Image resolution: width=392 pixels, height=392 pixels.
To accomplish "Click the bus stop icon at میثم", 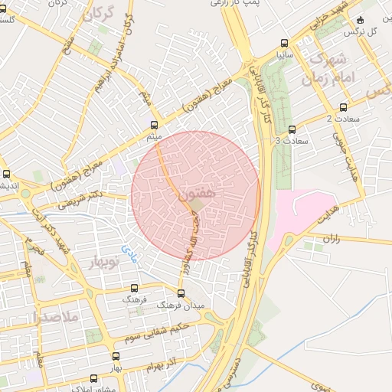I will (154, 124).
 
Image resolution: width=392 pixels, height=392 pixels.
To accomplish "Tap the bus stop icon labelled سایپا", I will (285, 43).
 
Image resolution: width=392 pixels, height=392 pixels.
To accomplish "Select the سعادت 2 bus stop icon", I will (342, 107).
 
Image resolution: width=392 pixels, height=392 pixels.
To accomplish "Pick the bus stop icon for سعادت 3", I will (291, 129).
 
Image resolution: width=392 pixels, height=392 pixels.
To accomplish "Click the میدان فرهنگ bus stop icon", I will (181, 292).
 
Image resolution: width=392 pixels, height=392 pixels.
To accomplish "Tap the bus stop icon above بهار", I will (116, 356).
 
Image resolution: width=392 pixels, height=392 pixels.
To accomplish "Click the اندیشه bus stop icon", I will (7, 173).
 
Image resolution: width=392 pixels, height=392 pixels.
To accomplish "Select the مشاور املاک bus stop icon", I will (94, 378).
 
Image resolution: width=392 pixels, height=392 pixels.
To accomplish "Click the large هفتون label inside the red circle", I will (201, 196).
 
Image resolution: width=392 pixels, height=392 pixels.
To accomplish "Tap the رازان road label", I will (331, 239).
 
